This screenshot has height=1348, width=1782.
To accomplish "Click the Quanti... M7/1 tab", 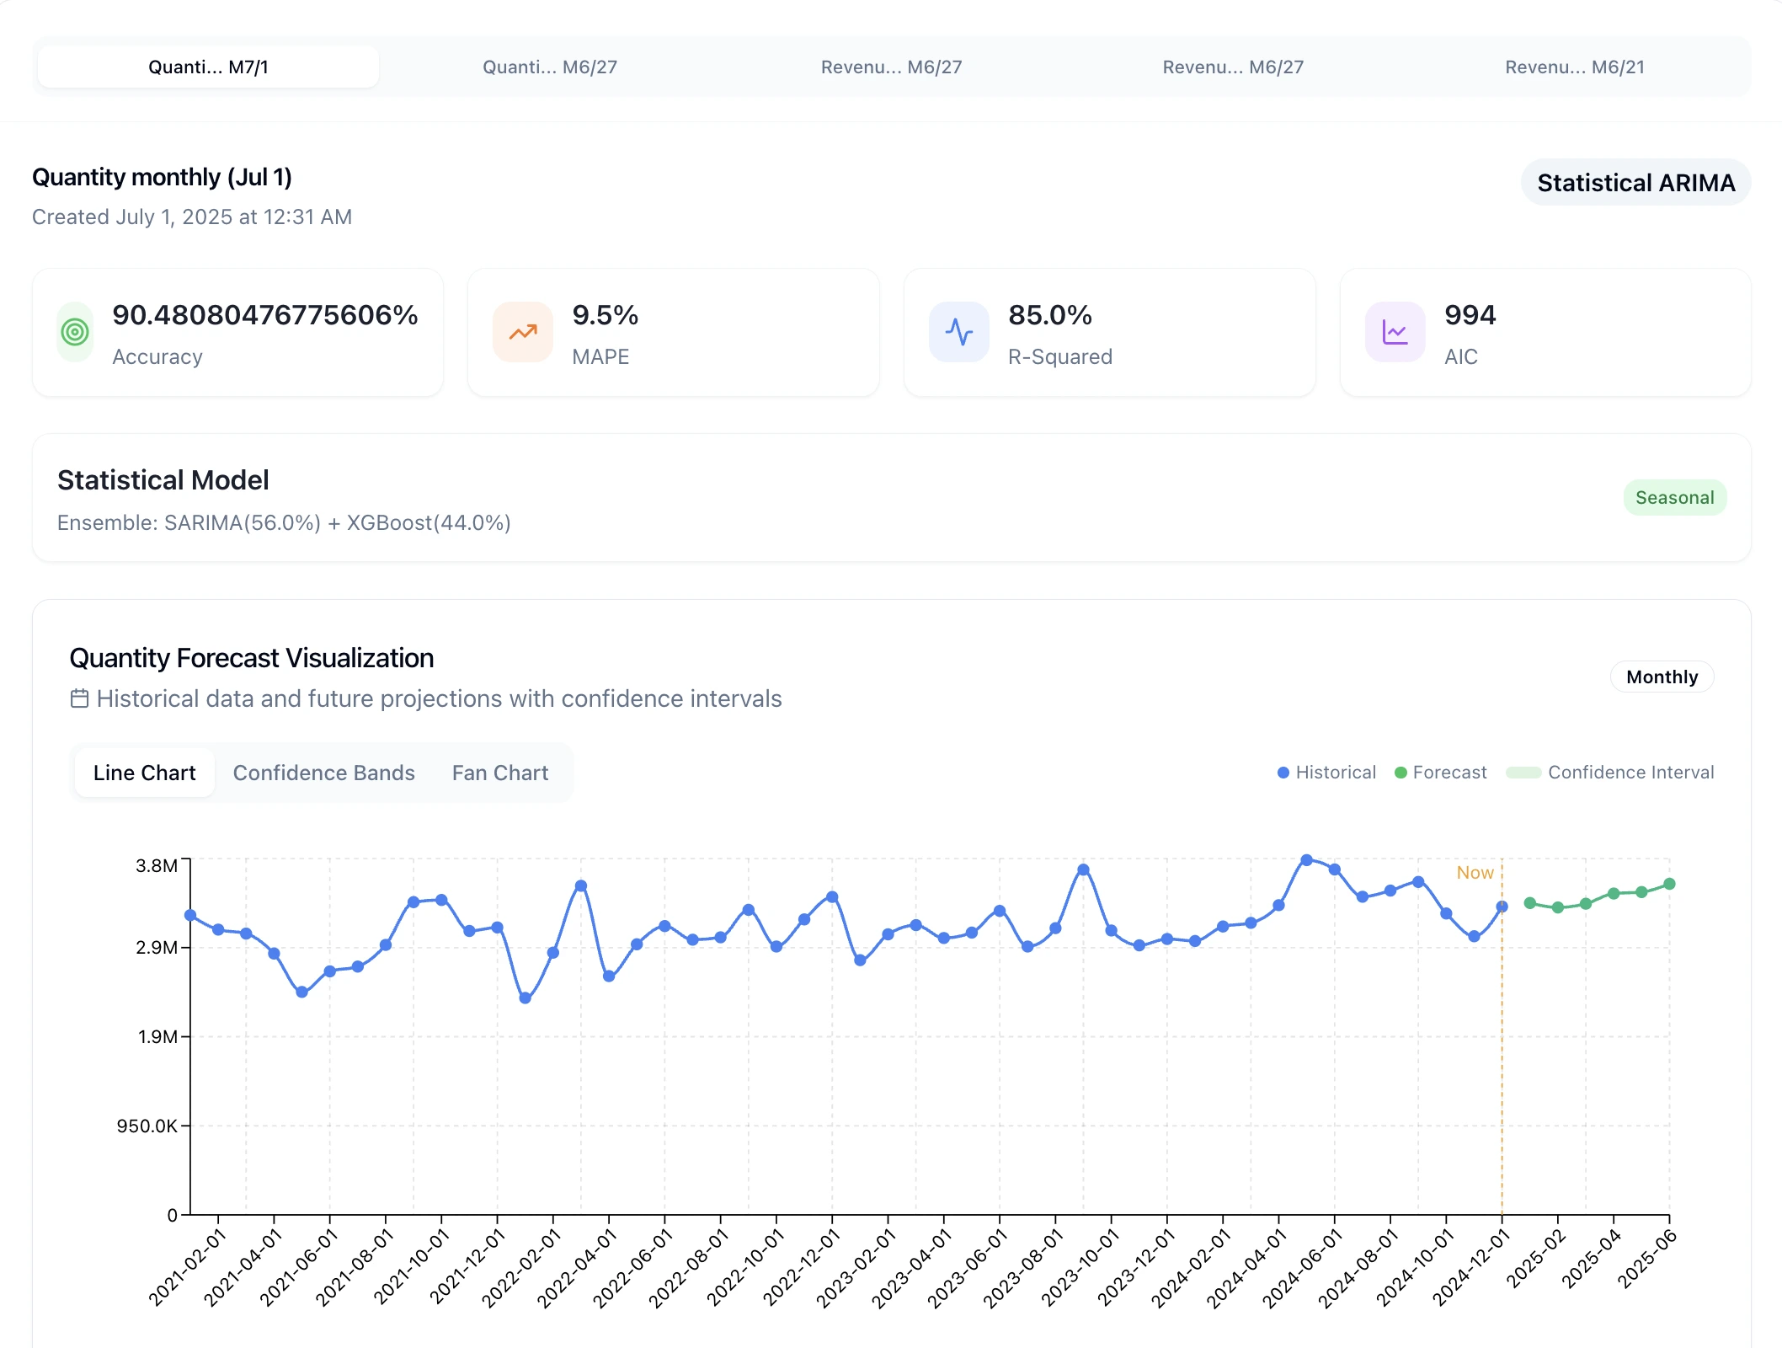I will pyautogui.click(x=208, y=67).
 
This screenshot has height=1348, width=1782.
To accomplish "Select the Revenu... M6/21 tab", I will pyautogui.click(x=1574, y=67).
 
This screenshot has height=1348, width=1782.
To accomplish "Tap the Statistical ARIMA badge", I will pyautogui.click(x=1635, y=182).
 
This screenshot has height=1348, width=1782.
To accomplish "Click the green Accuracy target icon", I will pyautogui.click(x=75, y=332).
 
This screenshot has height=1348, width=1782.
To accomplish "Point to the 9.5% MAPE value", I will pyautogui.click(x=605, y=315).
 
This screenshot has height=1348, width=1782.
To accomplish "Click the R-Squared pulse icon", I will pyautogui.click(x=958, y=332).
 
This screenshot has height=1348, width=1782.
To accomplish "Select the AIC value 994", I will pyautogui.click(x=1470, y=315).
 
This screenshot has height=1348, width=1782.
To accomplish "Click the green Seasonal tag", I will pyautogui.click(x=1674, y=498).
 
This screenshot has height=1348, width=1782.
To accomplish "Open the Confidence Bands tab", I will pyautogui.click(x=323, y=773).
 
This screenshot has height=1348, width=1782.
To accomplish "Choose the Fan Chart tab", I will pyautogui.click(x=499, y=773).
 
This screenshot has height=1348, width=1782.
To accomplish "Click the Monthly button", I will pyautogui.click(x=1662, y=677).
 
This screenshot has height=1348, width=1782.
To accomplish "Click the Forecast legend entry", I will pyautogui.click(x=1441, y=773).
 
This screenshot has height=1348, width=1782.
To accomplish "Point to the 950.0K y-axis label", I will pyautogui.click(x=147, y=1126).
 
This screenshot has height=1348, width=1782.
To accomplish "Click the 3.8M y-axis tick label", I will pyautogui.click(x=157, y=865).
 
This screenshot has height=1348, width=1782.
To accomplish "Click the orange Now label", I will pyautogui.click(x=1475, y=873).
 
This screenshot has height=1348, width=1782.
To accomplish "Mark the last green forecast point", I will pyautogui.click(x=1669, y=884).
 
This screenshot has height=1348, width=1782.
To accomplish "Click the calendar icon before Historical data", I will pyautogui.click(x=79, y=698).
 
